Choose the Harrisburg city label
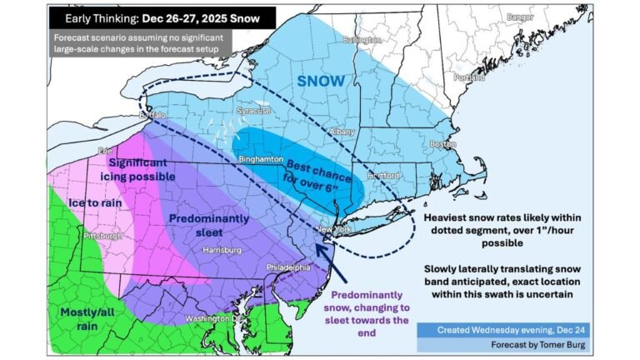coord(222,249)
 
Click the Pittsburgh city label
coord(103,236)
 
